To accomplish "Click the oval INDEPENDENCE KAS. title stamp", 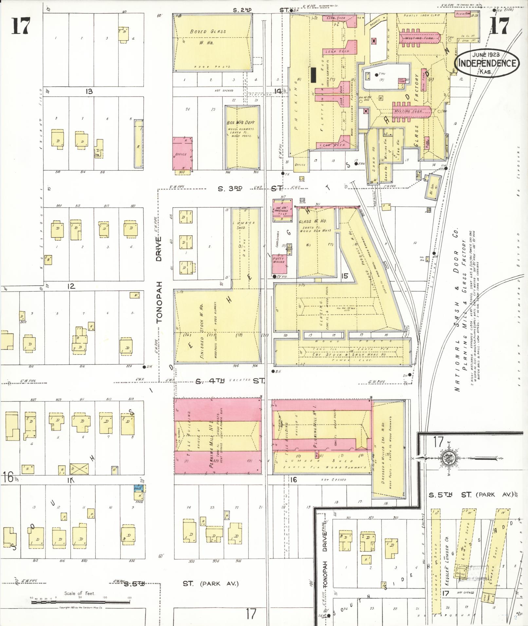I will point(487,63).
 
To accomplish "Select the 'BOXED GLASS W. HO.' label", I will point(208,37).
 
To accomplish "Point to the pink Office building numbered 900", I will point(182,153).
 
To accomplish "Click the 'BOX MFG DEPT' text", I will point(241,123).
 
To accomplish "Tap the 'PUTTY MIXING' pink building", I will point(279,260).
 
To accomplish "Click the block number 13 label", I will point(89,91).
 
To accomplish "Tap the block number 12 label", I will point(71,286).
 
